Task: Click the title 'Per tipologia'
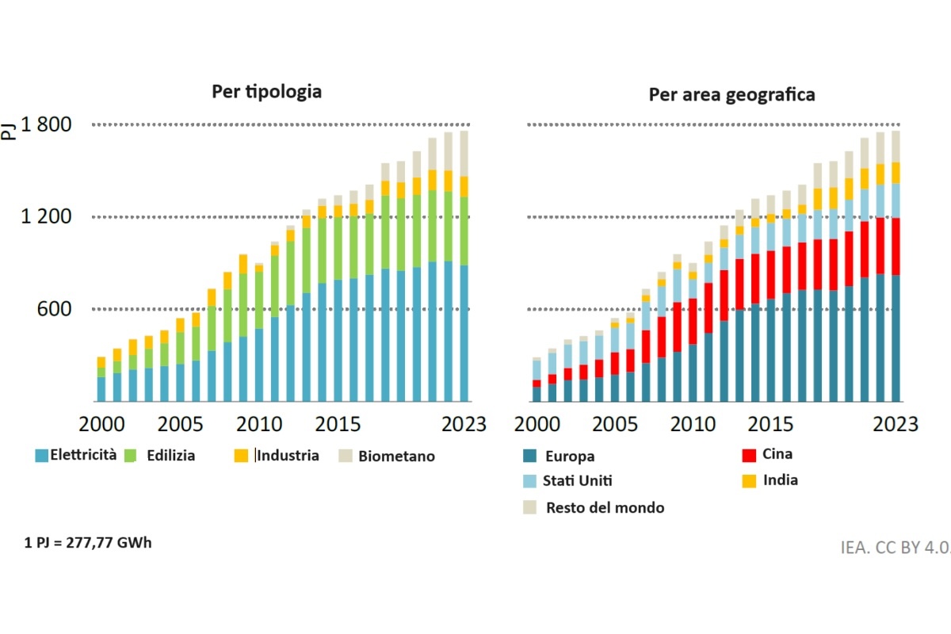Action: pos(266,91)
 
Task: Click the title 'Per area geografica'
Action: pos(731,95)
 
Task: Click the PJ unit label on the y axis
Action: pos(10,128)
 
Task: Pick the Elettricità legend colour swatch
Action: pos(41,456)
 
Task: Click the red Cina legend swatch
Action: pos(747,455)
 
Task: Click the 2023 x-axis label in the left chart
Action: pos(464,423)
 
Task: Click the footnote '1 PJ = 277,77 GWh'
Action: pos(88,544)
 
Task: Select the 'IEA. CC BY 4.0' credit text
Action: pos(896,547)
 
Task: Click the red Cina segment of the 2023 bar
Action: pos(896,246)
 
